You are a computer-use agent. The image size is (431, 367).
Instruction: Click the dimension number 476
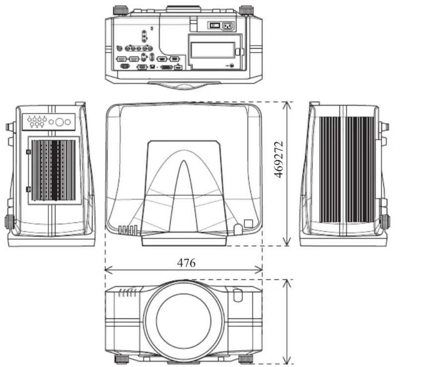186,263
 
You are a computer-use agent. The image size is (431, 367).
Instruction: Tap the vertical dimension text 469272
279,159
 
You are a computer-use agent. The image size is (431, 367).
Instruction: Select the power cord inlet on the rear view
228,26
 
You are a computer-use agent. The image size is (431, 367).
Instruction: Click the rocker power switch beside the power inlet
215,26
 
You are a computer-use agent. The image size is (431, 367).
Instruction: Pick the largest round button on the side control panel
59,122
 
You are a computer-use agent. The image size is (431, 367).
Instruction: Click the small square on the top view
248,223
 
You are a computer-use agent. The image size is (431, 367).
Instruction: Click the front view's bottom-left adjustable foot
121,359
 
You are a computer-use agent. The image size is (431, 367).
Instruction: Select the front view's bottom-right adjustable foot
246,359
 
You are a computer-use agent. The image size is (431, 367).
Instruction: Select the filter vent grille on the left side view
54,170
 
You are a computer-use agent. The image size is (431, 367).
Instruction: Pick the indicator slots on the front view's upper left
127,293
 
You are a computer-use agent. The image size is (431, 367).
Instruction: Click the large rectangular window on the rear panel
213,50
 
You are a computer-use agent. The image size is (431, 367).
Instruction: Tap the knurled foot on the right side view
385,222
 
